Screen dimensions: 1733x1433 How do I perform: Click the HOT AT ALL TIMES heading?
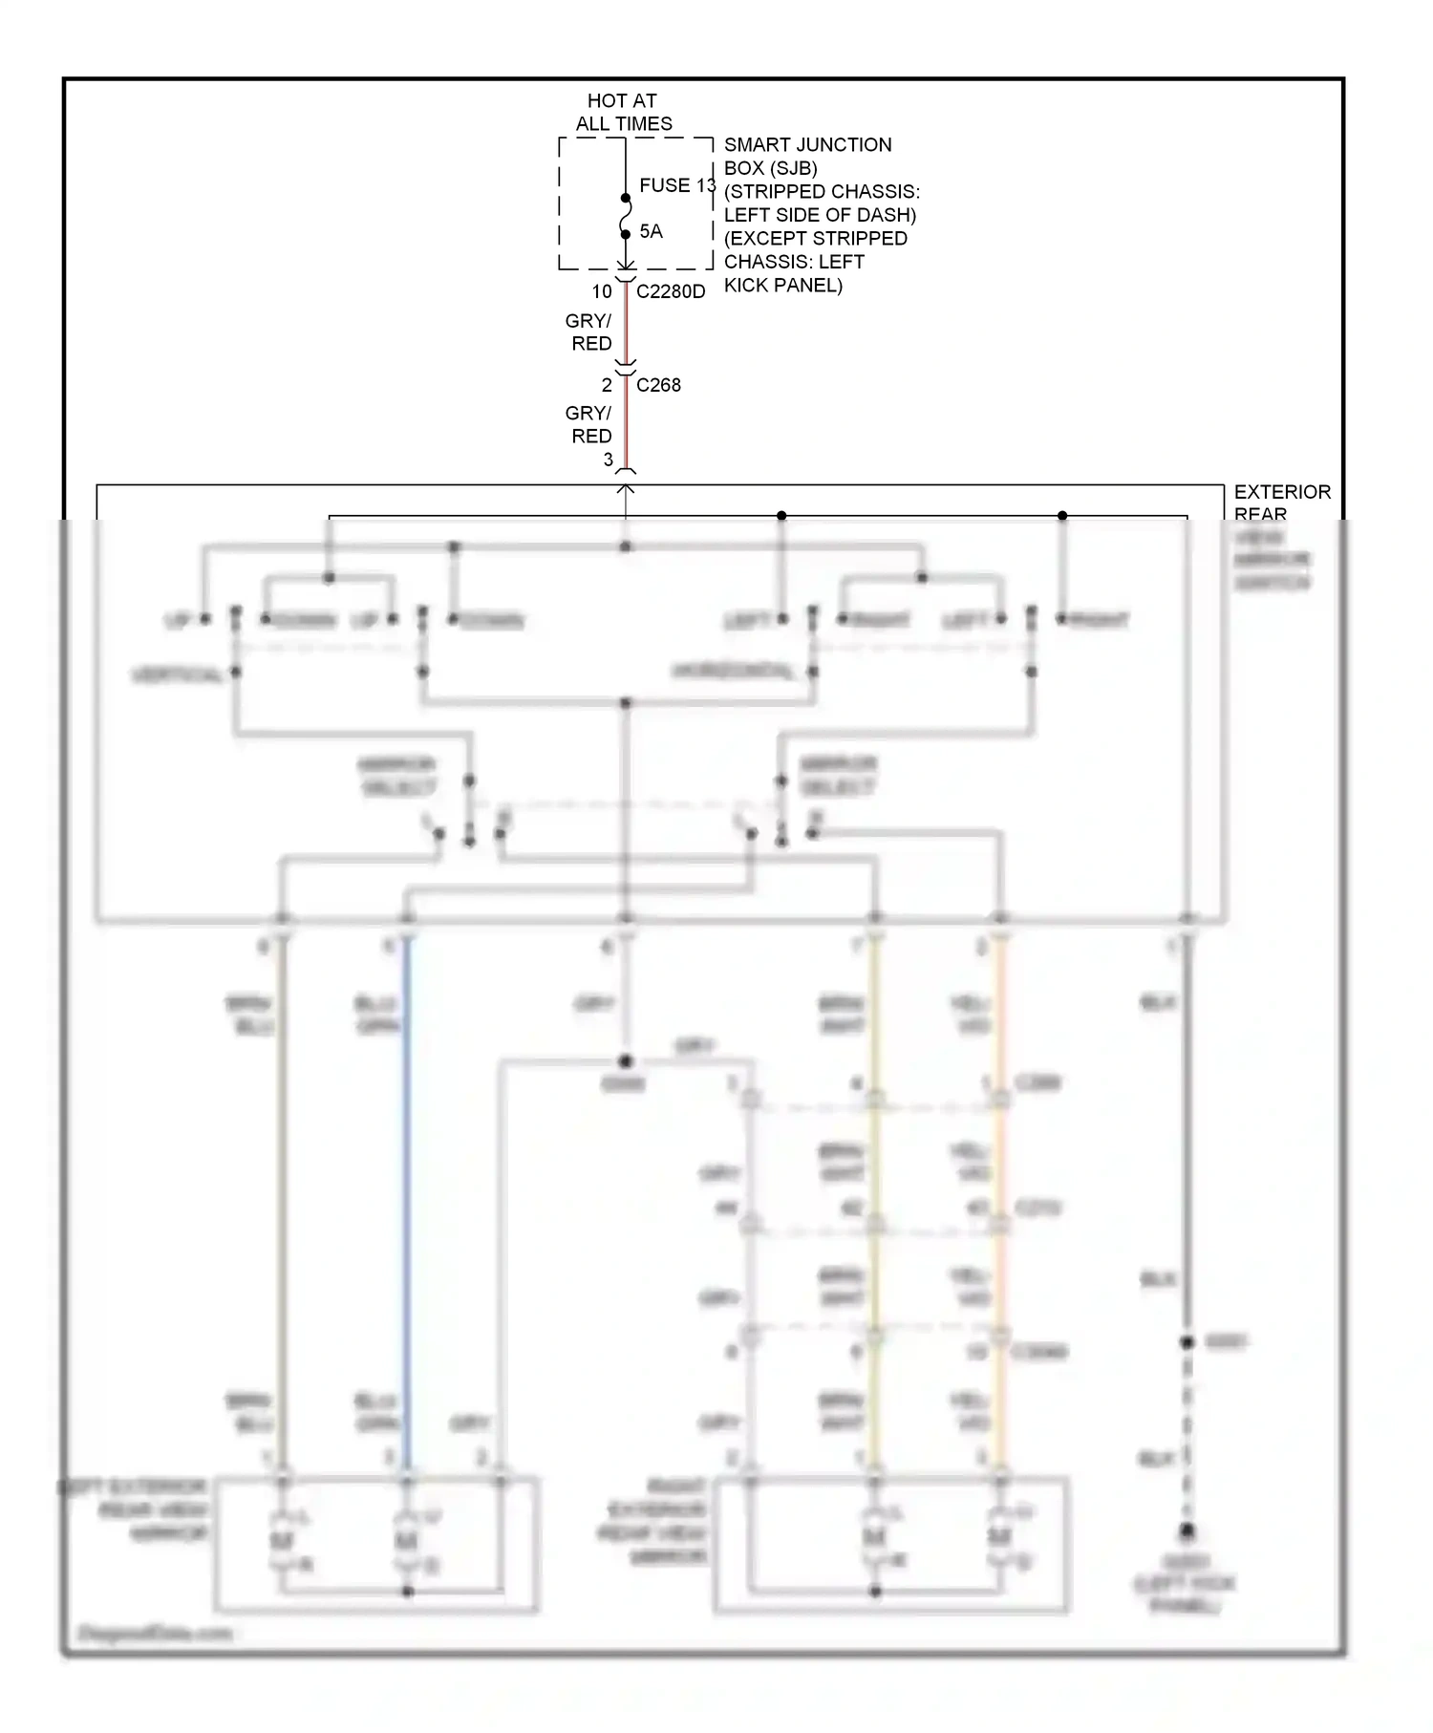(623, 112)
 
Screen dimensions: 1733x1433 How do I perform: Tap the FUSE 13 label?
(676, 185)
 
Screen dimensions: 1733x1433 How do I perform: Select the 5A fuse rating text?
(651, 231)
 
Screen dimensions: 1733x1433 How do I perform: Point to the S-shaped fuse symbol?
(625, 217)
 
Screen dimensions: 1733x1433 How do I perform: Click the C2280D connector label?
(671, 291)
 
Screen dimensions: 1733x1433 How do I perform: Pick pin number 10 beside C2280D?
(601, 291)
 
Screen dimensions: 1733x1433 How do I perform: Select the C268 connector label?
(658, 385)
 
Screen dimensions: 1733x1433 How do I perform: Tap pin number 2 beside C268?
(606, 385)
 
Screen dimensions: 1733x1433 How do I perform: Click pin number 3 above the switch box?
(608, 460)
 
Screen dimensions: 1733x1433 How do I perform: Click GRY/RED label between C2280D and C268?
(589, 332)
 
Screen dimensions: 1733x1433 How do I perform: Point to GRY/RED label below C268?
(589, 424)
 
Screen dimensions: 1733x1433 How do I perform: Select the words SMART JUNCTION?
(807, 145)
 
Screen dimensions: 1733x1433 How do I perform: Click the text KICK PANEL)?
(782, 285)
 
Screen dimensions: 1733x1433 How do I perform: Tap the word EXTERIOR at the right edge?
(1281, 492)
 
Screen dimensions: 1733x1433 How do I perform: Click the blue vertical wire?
(407, 1194)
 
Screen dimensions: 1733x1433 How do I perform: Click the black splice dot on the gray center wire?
(625, 1061)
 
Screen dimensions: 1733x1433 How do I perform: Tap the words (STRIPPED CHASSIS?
(822, 192)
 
